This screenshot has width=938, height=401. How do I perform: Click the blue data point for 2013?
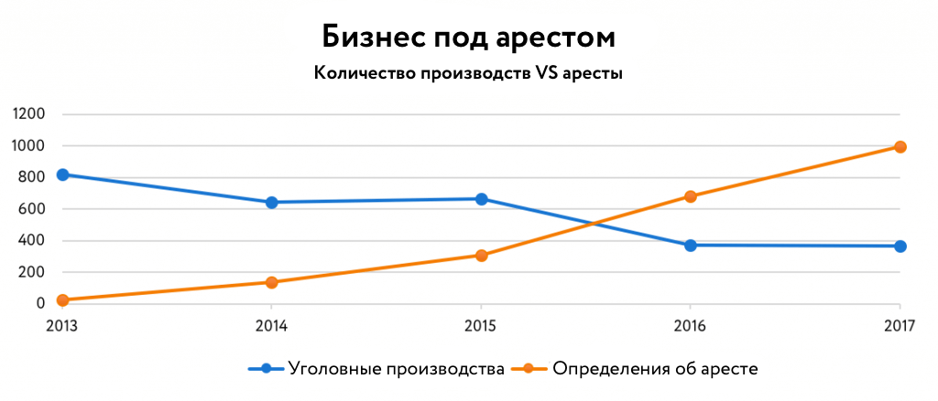tap(63, 175)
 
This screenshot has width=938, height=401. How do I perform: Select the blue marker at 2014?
tap(272, 202)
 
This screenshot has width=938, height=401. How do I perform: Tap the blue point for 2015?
tap(482, 199)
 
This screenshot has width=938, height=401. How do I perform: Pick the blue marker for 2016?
tap(691, 245)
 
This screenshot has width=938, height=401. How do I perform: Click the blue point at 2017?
tap(900, 246)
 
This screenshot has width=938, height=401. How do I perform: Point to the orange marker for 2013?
tap(63, 300)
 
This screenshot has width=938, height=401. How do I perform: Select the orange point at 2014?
tap(272, 282)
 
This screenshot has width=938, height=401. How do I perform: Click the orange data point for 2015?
tap(482, 255)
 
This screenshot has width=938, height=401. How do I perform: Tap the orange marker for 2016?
tap(691, 197)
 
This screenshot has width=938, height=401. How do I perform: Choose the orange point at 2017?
tap(900, 146)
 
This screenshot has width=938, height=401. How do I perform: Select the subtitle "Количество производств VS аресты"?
tap(468, 74)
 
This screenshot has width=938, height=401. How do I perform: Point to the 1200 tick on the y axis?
tap(28, 114)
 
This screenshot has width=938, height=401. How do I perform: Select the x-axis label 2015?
tap(482, 324)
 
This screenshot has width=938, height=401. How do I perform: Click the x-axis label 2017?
tap(900, 324)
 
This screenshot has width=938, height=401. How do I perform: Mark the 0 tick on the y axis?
tap(41, 303)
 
